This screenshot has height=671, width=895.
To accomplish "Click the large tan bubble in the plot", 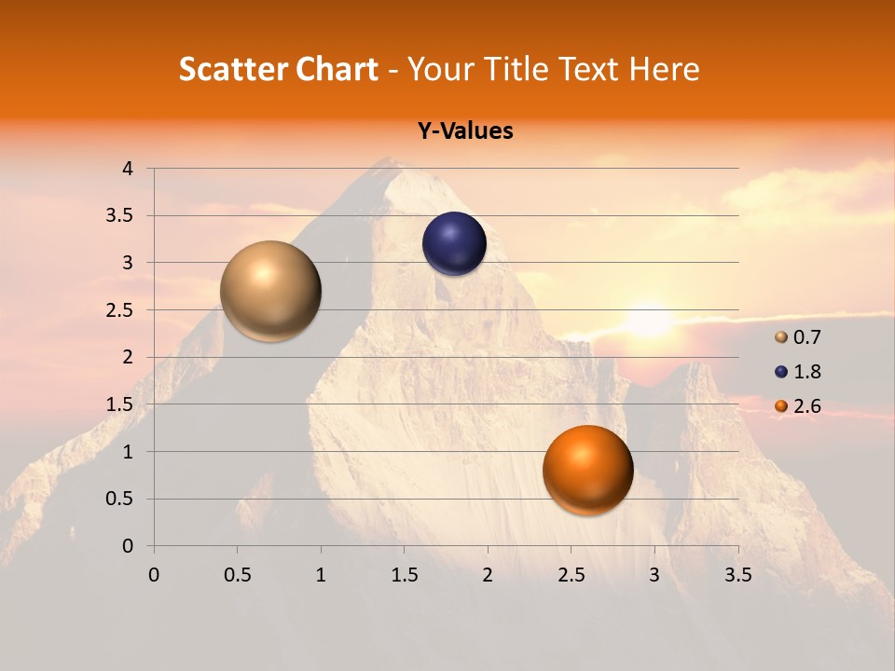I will coord(270,291).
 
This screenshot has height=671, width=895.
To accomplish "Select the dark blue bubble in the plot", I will coord(454,244).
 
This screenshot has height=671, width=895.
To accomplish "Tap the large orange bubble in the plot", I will coord(587,470).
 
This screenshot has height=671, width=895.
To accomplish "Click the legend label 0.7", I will coord(806,337).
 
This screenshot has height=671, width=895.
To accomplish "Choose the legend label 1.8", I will coord(806,372).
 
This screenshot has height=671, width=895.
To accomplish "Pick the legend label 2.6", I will coord(806,406).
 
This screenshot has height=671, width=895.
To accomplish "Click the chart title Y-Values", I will coord(465,131).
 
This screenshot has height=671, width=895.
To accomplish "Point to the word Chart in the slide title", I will coord(337,69).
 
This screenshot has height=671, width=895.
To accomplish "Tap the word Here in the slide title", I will coord(665,69).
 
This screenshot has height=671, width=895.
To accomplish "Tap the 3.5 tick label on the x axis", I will coord(737,575).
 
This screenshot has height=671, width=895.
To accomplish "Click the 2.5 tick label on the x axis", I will coord(571,575).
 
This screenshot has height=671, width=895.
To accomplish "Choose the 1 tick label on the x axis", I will coord(321,575).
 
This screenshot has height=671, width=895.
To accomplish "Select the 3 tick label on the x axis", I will coord(654,575).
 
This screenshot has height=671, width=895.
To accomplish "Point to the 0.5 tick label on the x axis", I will coord(237,575).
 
